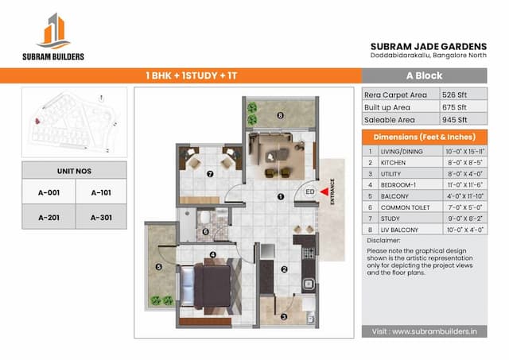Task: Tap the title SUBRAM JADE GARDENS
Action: [x=425, y=45]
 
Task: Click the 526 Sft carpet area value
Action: [x=456, y=94]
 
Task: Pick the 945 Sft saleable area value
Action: [x=456, y=119]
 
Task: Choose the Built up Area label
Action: [x=388, y=106]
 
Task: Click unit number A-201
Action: [x=49, y=217]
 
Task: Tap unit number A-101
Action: [x=101, y=192]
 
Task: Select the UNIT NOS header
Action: [x=74, y=169]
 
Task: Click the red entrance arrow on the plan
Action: [x=323, y=191]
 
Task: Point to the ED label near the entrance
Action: [x=309, y=192]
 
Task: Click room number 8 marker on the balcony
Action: [x=280, y=114]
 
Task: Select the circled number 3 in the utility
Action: [x=283, y=316]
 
